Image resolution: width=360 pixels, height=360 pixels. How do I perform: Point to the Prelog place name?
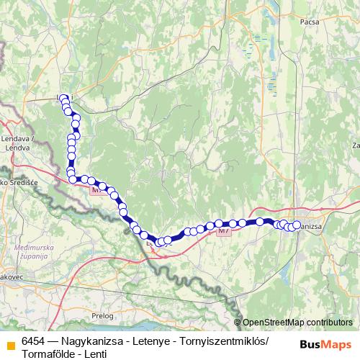pos(103,315)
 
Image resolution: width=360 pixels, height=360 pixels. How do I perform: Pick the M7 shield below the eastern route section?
pos(225,231)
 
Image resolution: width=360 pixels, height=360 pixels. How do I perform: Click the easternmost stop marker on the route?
pos(296,225)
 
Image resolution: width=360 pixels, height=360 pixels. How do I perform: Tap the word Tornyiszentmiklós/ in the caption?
pos(223,341)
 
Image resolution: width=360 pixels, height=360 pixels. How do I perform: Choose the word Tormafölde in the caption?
pos(49,353)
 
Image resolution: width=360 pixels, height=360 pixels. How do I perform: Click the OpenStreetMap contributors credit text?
pos(297,323)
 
